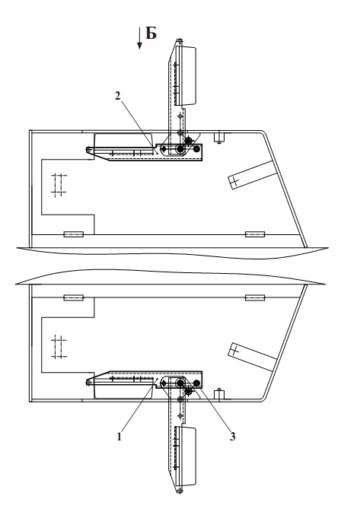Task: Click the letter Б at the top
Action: point(151,33)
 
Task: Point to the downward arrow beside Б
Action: point(139,38)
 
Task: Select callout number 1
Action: point(119,437)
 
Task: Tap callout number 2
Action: point(118,96)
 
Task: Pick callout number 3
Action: point(233,437)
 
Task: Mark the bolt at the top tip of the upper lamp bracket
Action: point(180,41)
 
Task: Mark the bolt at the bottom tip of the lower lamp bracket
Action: point(180,491)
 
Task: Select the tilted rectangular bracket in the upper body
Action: point(252,175)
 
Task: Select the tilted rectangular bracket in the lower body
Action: point(252,357)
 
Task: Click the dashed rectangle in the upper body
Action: point(59,184)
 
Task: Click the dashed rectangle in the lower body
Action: point(59,348)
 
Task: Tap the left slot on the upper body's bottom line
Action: point(74,234)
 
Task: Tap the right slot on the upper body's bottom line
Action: point(255,234)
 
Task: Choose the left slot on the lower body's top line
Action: point(74,298)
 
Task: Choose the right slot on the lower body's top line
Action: point(255,298)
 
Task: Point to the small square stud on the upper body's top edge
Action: point(218,137)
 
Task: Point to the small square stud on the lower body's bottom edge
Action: point(218,395)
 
